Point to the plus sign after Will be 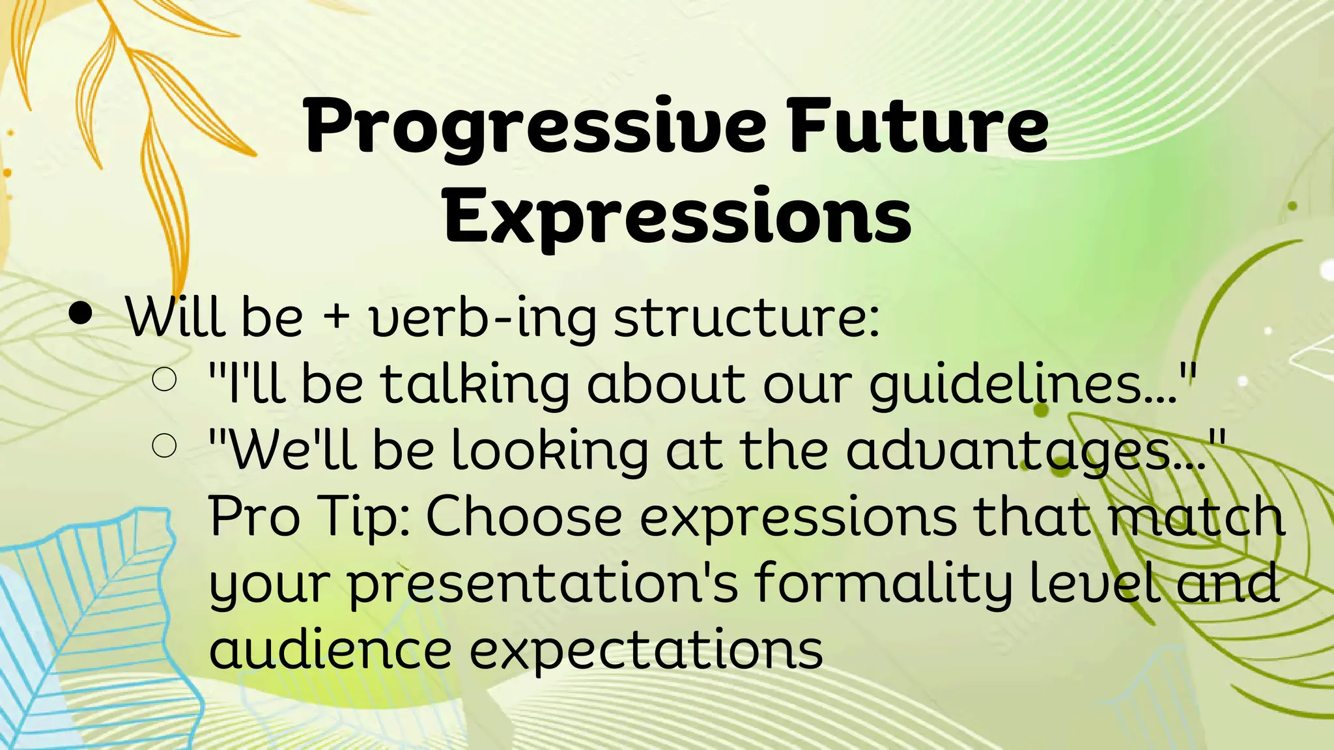336,316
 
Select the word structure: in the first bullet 746,318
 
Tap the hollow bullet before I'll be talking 164,380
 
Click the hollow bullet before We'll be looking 164,446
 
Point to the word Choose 524,516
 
